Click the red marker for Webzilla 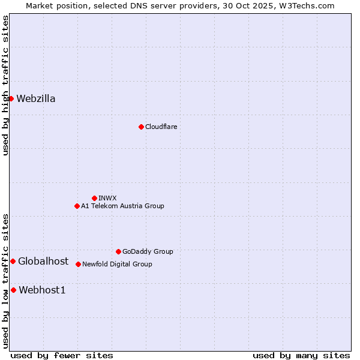click(x=11, y=98)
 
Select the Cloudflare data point click(x=141, y=127)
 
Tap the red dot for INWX click(x=94, y=198)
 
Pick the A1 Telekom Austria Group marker click(x=77, y=206)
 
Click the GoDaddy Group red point click(x=118, y=251)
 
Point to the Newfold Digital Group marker click(x=78, y=264)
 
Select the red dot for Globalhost click(x=13, y=261)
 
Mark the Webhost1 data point click(x=13, y=290)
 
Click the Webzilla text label click(x=36, y=99)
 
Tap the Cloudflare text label click(x=161, y=127)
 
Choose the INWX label click(x=107, y=198)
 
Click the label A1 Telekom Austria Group click(x=122, y=206)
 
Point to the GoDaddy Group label click(x=148, y=251)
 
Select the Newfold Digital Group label click(x=117, y=264)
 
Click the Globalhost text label click(x=43, y=261)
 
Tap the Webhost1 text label click(x=42, y=290)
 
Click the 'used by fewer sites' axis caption click(x=62, y=355)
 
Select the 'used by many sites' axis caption click(x=301, y=355)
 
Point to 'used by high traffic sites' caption click(x=5, y=85)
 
